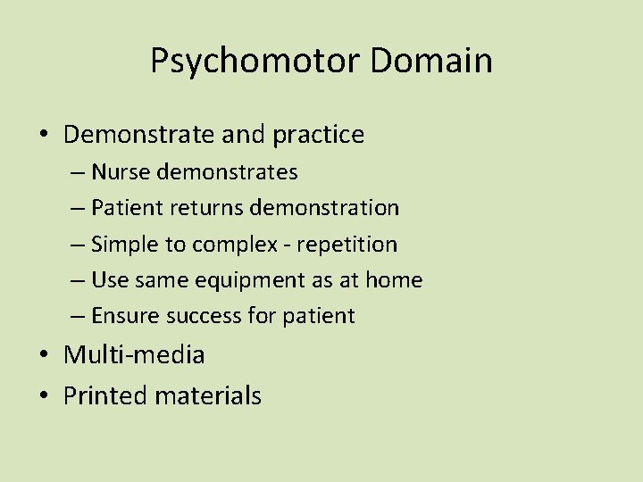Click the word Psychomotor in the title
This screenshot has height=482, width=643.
pos(255,62)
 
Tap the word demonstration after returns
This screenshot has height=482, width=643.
pos(325,208)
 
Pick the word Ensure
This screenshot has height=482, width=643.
pos(121,317)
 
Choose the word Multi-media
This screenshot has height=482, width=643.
pos(134,355)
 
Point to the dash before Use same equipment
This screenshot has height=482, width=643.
pos(77,281)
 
